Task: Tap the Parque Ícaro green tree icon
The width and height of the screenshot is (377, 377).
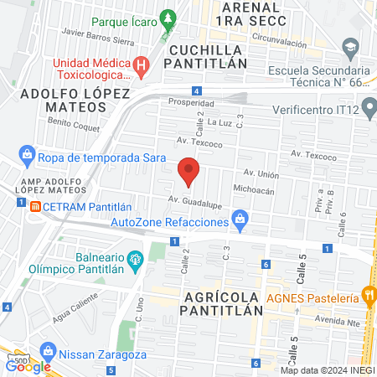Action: [x=169, y=17]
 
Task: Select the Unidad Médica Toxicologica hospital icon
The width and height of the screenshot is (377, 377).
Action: [x=142, y=63]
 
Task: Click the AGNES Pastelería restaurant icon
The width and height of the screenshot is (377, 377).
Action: [x=368, y=293]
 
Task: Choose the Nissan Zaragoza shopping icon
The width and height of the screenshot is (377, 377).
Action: [x=48, y=350]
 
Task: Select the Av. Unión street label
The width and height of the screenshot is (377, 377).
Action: [x=261, y=173]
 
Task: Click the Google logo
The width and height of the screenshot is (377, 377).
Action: [x=28, y=365]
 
